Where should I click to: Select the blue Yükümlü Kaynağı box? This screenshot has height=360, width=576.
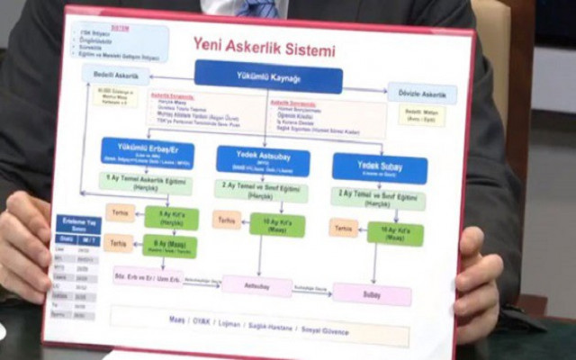[268, 76]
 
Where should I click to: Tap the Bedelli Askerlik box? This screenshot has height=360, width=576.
[116, 75]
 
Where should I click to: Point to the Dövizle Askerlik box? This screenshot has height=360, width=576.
[421, 93]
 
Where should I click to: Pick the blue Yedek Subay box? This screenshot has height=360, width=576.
[379, 167]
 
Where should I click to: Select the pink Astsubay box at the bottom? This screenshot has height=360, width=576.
[256, 285]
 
